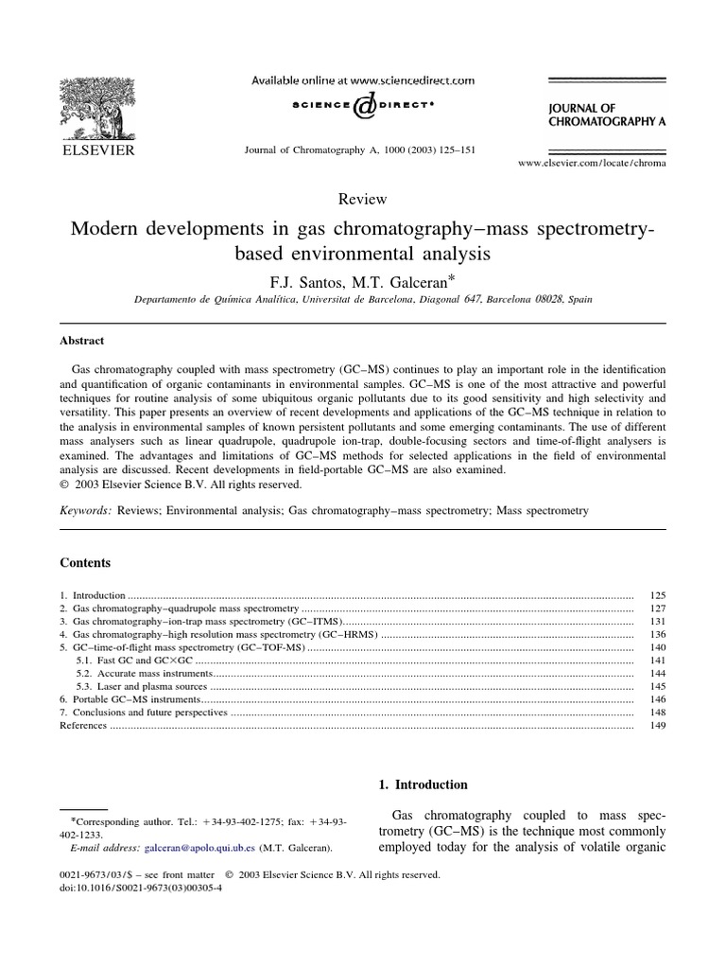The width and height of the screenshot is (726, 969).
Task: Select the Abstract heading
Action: point(82,341)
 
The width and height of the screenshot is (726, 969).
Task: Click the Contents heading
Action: point(85,562)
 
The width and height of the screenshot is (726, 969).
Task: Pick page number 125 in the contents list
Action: point(658,595)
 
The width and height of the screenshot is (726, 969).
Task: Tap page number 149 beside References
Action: point(658,725)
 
